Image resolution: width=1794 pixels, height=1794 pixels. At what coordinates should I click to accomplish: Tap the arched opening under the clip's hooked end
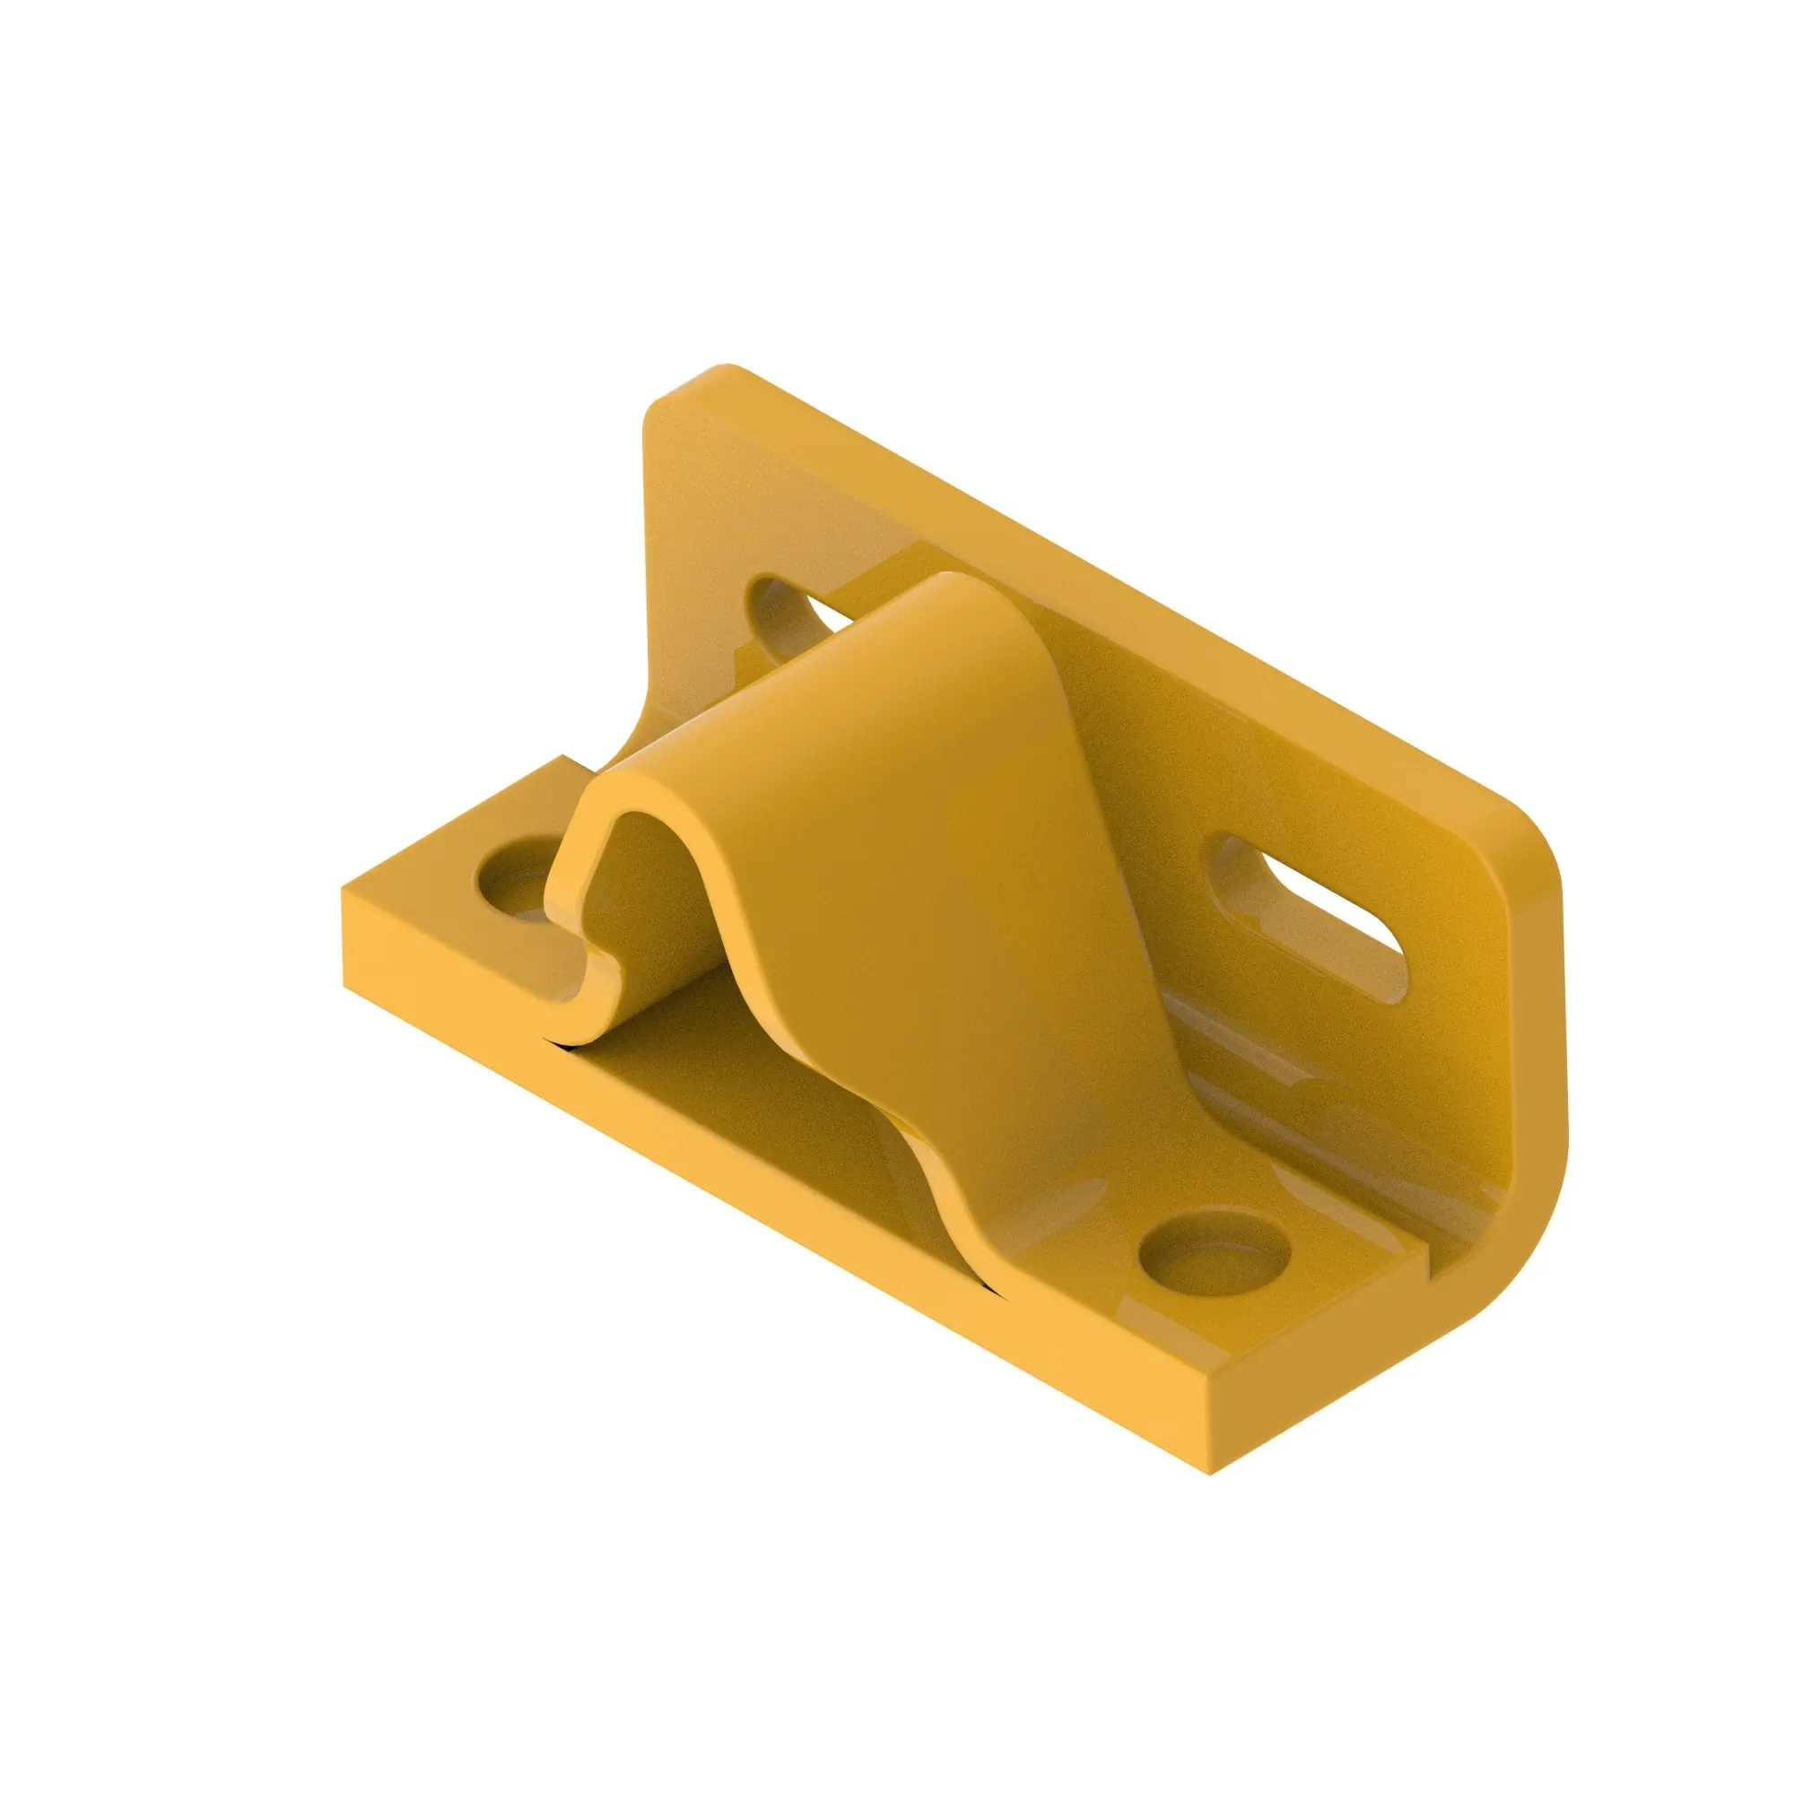(640, 892)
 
